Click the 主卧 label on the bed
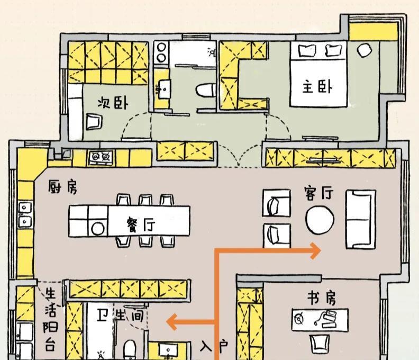click(317, 86)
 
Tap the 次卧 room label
click(113, 102)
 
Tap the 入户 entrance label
click(214, 347)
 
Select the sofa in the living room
click(361, 219)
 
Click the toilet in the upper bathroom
click(205, 89)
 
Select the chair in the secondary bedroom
click(94, 122)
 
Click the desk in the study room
click(320, 319)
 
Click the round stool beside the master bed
click(364, 50)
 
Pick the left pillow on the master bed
click(307, 50)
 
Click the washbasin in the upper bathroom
click(162, 88)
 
